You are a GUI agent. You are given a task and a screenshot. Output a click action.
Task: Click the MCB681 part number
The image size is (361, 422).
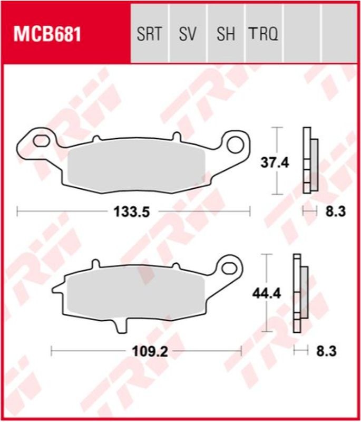pyautogui.click(x=47, y=35)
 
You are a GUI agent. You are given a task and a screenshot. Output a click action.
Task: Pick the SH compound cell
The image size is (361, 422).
pyautogui.click(x=226, y=35)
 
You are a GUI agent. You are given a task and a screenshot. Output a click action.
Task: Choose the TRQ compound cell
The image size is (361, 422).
pyautogui.click(x=263, y=35)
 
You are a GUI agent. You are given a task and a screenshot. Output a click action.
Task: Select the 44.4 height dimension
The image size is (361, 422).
pyautogui.click(x=266, y=291)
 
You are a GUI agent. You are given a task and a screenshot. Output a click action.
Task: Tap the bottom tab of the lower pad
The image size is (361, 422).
pyautogui.click(x=120, y=325)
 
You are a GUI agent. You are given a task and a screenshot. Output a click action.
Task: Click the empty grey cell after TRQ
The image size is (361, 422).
pyautogui.click(x=303, y=35)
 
